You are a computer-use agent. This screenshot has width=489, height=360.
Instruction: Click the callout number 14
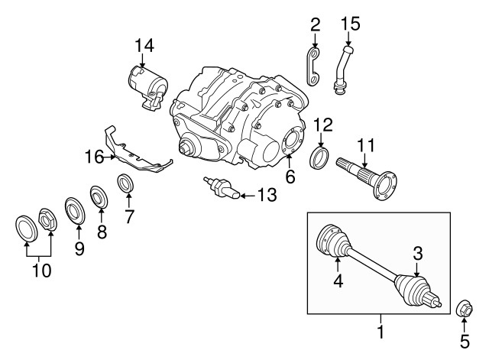pos(144,46)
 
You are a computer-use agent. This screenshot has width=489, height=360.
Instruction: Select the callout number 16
pos(94,158)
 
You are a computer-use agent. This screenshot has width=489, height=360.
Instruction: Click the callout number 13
pos(264,196)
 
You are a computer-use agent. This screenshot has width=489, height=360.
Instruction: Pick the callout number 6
pos(290,176)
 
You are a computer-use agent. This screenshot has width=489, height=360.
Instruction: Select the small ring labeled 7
pos(125,184)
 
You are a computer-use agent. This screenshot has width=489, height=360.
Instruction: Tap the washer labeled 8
pos(99,196)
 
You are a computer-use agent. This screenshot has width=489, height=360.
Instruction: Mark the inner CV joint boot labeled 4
pos(333,242)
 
